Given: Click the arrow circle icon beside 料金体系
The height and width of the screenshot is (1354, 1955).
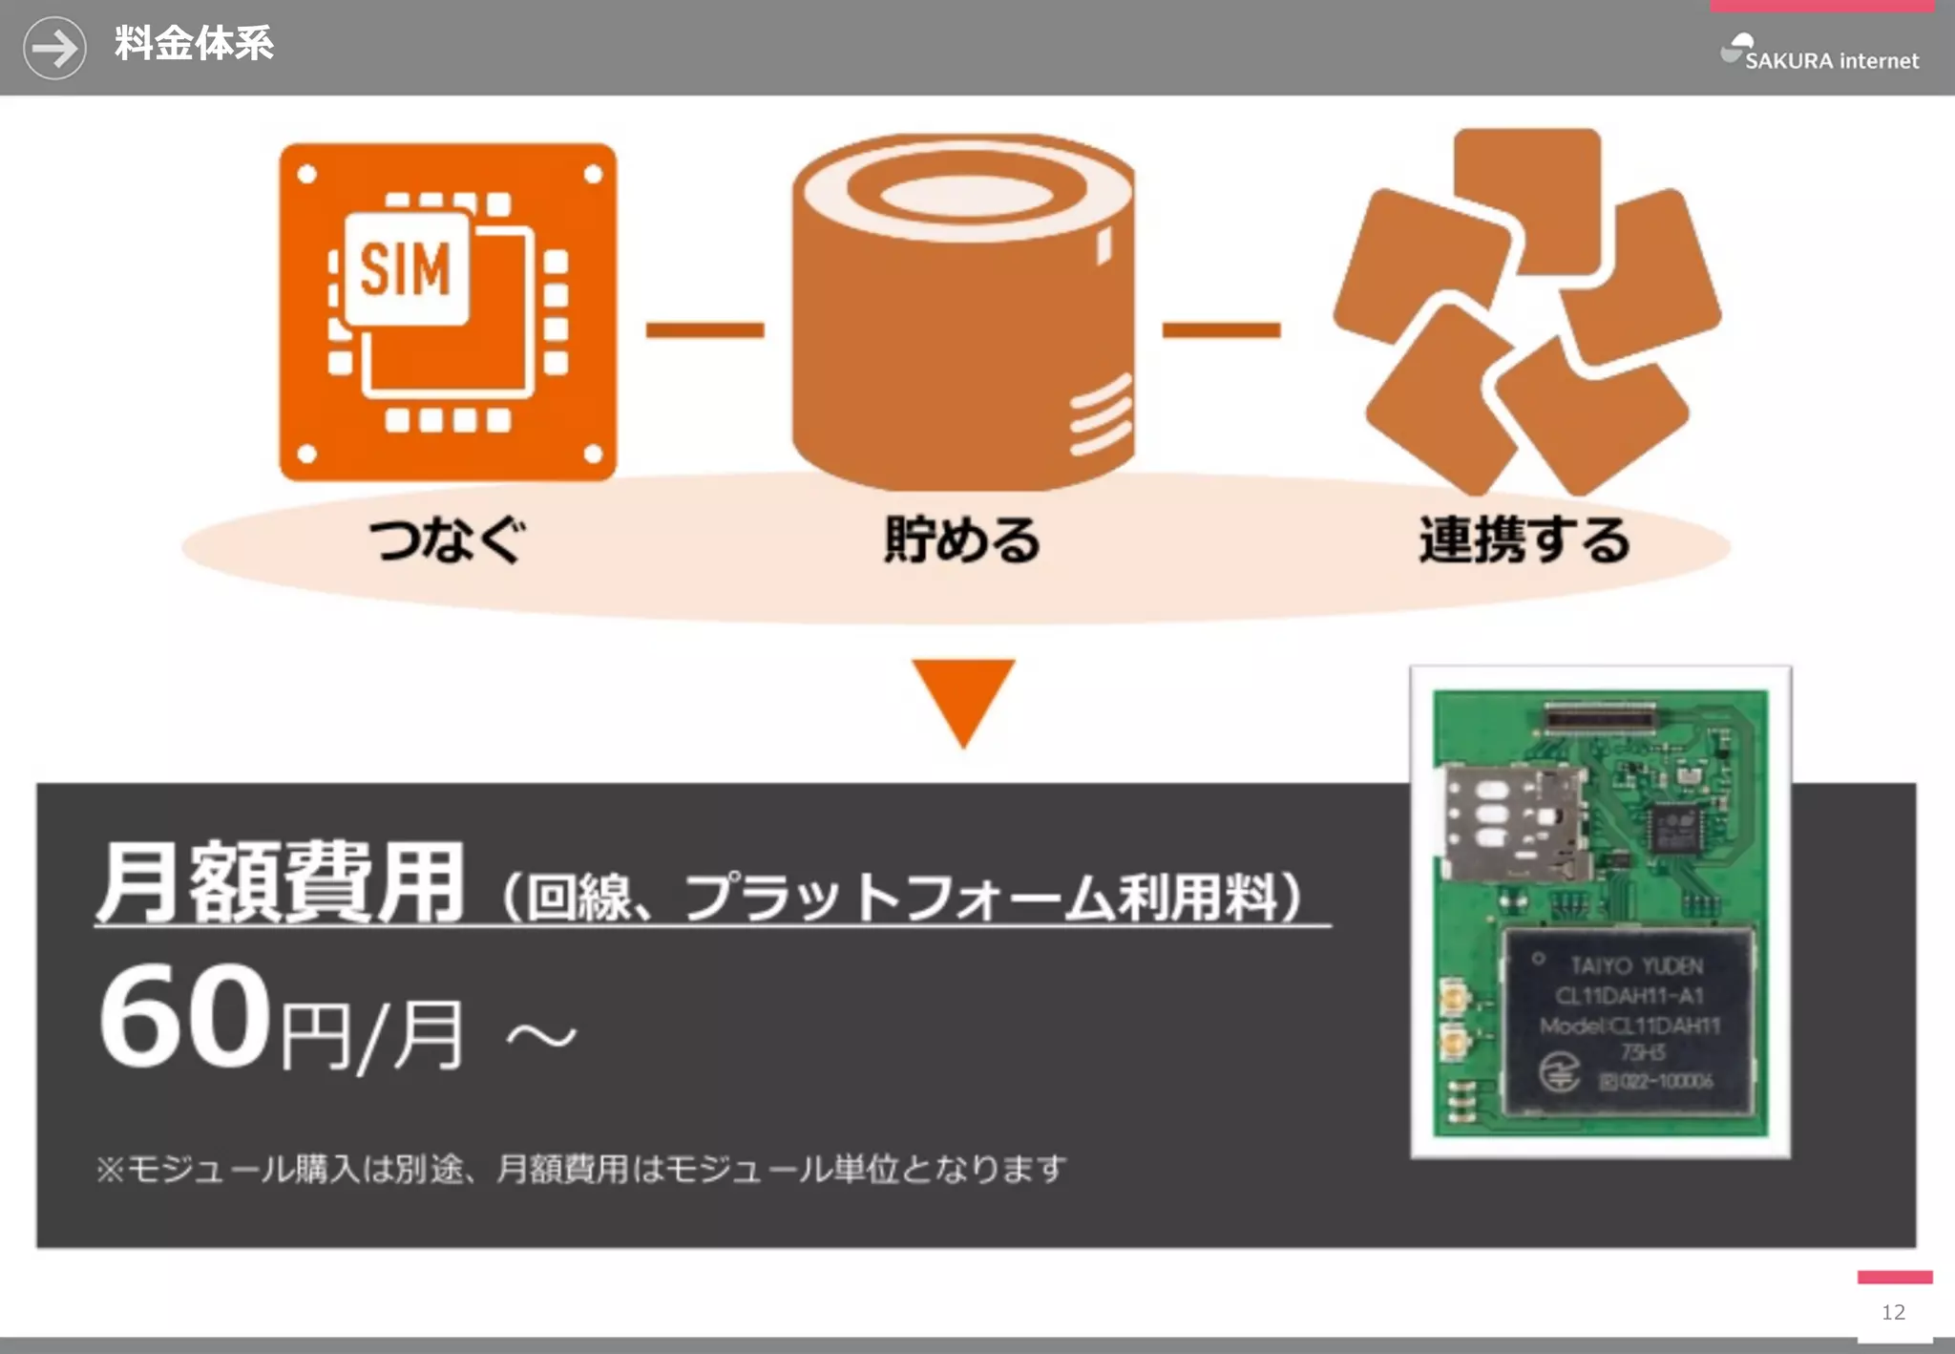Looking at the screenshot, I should (x=54, y=48).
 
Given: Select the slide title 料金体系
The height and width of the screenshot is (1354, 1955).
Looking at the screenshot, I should (x=194, y=44).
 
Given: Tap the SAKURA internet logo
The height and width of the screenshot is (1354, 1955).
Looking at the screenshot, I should (x=1818, y=53).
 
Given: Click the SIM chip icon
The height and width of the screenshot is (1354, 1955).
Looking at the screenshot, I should (x=447, y=312).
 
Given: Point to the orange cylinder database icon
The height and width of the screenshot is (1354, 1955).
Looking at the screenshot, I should (x=963, y=311).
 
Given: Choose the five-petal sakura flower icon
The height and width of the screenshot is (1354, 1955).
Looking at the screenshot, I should (x=1527, y=311).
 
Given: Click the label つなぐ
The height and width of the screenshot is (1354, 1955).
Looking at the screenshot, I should (x=447, y=539).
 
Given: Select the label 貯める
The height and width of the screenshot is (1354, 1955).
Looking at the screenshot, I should (x=962, y=539).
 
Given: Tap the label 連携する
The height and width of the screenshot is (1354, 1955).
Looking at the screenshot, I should (x=1524, y=539).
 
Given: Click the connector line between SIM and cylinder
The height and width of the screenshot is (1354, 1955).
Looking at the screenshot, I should (x=704, y=330).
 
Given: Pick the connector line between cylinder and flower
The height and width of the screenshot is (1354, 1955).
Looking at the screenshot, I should (x=1221, y=330).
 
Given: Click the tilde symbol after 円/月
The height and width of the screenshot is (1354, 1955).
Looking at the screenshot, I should (x=541, y=1036).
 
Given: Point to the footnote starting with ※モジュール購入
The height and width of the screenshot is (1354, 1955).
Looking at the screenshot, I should (x=580, y=1169).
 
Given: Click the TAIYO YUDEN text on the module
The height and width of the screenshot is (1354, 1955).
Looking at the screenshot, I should (x=1636, y=966).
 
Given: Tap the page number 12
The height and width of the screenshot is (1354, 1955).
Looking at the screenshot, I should (x=1893, y=1313).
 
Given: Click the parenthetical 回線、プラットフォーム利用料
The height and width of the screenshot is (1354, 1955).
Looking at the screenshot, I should (x=902, y=898).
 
